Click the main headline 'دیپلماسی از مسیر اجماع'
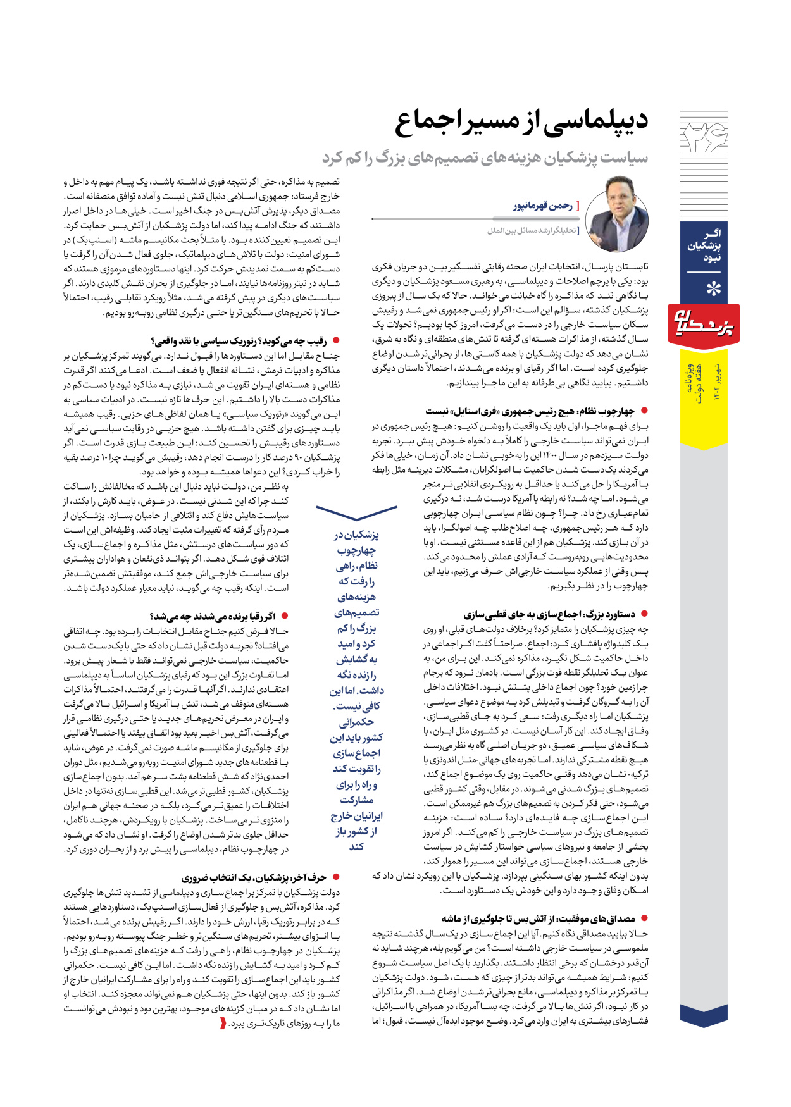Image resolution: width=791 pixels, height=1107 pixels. coord(521,122)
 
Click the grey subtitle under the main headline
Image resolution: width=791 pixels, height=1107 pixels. coord(485,158)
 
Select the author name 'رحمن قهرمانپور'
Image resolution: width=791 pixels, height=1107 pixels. coord(542,206)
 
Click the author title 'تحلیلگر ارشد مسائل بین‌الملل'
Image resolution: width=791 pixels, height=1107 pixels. coord(532,231)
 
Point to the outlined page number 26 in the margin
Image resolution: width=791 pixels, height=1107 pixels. coord(704,137)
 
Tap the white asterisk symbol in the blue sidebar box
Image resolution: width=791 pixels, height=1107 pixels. coord(713,290)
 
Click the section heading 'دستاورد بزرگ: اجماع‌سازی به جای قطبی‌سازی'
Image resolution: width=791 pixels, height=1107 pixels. coord(549,614)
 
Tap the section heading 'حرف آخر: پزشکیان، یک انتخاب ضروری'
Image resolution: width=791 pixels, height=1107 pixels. coord(254,877)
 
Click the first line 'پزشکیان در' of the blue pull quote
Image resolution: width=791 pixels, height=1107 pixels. coord(356,535)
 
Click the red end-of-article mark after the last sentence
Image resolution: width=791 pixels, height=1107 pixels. coord(223,1023)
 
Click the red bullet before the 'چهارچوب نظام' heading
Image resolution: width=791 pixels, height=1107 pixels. coord(645,411)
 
